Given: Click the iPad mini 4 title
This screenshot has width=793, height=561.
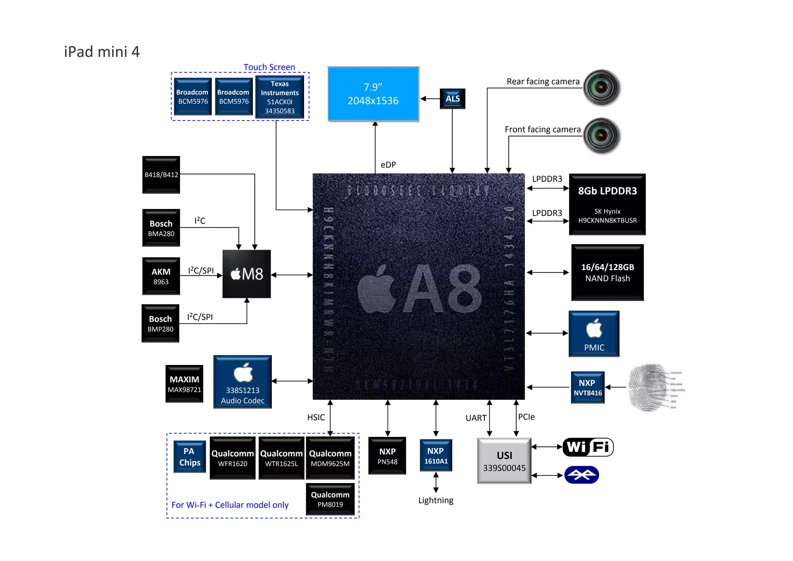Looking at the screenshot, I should pos(101,52).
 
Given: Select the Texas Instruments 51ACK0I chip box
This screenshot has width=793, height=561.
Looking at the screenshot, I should pos(280,97).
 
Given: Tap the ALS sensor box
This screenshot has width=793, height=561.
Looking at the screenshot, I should pos(452,98).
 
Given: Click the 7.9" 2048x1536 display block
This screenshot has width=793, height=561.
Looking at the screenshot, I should pos(373,94).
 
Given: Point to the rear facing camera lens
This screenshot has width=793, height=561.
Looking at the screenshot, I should pos(601,87).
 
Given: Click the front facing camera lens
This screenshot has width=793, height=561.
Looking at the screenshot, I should pos(601,135).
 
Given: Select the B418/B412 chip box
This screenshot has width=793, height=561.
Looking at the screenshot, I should pos(161,175).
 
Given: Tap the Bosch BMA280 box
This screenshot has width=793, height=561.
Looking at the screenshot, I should pos(161,228).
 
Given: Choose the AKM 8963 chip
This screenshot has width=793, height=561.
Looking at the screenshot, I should pos(161,276).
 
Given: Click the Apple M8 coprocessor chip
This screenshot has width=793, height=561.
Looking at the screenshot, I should pos(247,274).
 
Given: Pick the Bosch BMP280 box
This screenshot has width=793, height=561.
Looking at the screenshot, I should pos(160,324).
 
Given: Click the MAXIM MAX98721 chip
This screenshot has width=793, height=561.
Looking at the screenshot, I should pos(184,384).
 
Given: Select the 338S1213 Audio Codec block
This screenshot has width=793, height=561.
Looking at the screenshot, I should pos(242,382).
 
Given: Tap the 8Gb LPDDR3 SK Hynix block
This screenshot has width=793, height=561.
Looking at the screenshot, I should pos(607,204).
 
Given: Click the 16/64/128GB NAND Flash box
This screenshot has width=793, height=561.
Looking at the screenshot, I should pos(607,272).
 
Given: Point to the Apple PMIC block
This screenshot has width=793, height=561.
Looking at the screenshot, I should pos(594,334).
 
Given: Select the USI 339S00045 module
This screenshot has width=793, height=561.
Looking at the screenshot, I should pos(504,461).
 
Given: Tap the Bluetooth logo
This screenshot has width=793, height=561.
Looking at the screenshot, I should pos(581,475).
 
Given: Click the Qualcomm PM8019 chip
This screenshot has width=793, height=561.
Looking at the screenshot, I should pos(330,499).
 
